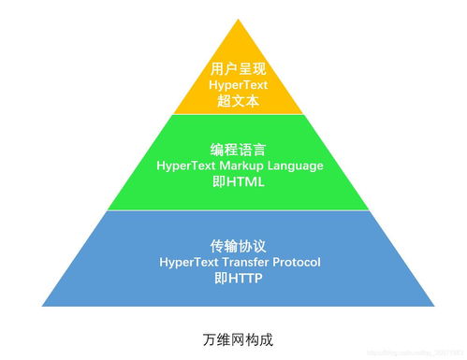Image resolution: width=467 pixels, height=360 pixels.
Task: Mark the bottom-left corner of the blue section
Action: point(43,307)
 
